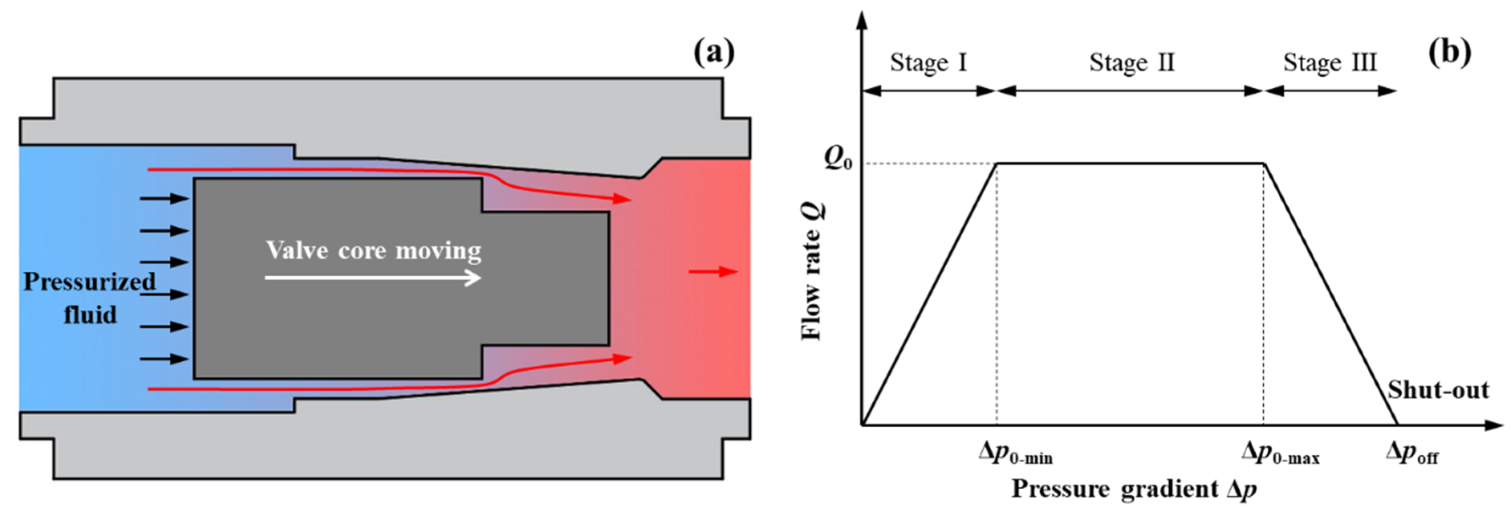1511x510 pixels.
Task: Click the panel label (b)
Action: coord(1449,52)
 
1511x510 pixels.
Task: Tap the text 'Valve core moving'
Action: coord(374,251)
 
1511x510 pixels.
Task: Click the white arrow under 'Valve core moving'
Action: coord(373,277)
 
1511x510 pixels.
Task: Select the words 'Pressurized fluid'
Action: coord(89,298)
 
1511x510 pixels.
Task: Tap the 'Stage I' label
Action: coord(928,63)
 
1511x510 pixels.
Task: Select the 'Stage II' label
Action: coord(1132,63)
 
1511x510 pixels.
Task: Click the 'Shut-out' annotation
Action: coord(1438,390)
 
